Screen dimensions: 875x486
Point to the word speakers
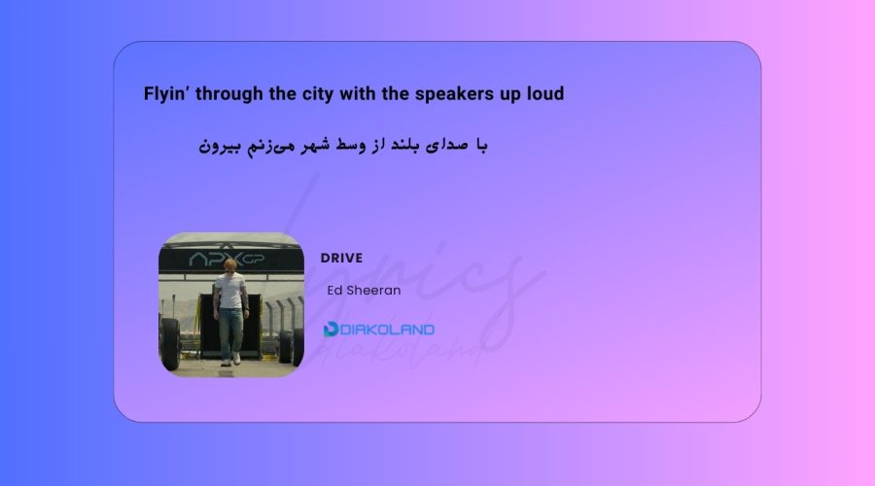pyautogui.click(x=454, y=93)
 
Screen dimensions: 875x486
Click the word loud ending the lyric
pyautogui.click(x=545, y=93)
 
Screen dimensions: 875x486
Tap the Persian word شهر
pyautogui.click(x=316, y=145)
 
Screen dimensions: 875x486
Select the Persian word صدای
pyautogui.click(x=446, y=146)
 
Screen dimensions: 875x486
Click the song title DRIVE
pyautogui.click(x=341, y=258)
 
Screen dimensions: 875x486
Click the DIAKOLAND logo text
pyautogui.click(x=387, y=330)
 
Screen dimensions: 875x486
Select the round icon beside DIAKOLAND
pyautogui.click(x=331, y=330)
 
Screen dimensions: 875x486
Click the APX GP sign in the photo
pyautogui.click(x=227, y=259)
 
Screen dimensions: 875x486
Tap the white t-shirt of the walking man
pyautogui.click(x=229, y=291)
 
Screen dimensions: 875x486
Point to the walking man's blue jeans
pyautogui.click(x=230, y=332)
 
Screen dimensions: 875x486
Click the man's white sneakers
pyautogui.click(x=230, y=361)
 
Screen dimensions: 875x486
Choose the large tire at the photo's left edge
pyautogui.click(x=169, y=343)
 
